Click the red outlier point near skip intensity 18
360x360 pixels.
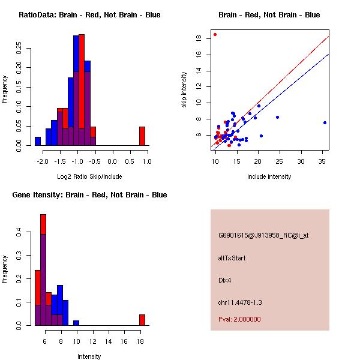[215, 34]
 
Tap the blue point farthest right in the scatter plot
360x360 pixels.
[325, 122]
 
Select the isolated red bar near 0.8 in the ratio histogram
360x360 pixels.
[142, 136]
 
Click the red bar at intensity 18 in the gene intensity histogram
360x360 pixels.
[142, 320]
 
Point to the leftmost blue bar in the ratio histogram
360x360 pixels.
[37, 141]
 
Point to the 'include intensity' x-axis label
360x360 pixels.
[269, 176]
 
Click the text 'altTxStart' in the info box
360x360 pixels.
[232, 258]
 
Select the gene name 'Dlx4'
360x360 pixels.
[225, 280]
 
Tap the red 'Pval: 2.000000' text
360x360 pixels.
[239, 319]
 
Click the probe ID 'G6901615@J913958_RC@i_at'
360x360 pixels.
[263, 235]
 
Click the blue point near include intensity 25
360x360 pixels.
[277, 117]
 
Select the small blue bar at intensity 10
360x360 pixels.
[76, 323]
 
